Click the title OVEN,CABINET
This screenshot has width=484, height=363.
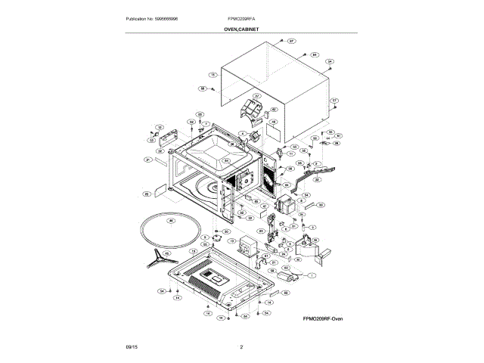click(241, 28)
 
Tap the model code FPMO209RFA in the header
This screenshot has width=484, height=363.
click(241, 18)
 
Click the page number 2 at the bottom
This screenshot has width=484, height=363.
click(241, 347)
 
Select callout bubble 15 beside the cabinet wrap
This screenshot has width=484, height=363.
click(213, 76)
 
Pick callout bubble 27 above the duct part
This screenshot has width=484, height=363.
click(256, 97)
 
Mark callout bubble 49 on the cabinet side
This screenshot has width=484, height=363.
click(275, 122)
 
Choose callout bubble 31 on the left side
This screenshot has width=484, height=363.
click(149, 160)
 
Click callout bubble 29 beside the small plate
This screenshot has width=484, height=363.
click(147, 194)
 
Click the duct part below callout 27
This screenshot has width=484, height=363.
click(249, 110)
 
